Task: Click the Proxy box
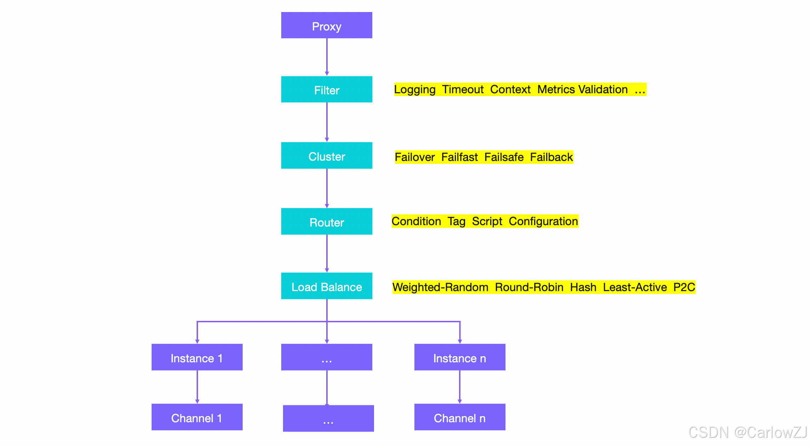click(x=327, y=26)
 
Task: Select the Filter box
click(x=327, y=90)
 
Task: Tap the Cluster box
click(x=327, y=156)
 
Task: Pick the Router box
click(x=327, y=222)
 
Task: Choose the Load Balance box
click(x=327, y=286)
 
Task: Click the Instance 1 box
click(x=197, y=358)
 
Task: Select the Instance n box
click(x=460, y=358)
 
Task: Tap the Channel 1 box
click(x=197, y=418)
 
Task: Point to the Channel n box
click(x=460, y=418)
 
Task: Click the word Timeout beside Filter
click(x=463, y=90)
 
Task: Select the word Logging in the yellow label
click(x=415, y=90)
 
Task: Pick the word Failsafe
click(x=504, y=157)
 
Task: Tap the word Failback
click(x=551, y=157)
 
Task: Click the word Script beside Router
click(x=487, y=222)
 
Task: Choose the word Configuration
click(x=543, y=222)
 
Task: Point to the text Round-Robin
click(x=529, y=287)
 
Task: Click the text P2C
click(x=684, y=287)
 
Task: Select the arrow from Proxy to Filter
click(x=327, y=57)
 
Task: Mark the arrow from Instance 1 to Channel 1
click(x=197, y=387)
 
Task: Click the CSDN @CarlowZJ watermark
click(x=747, y=433)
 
